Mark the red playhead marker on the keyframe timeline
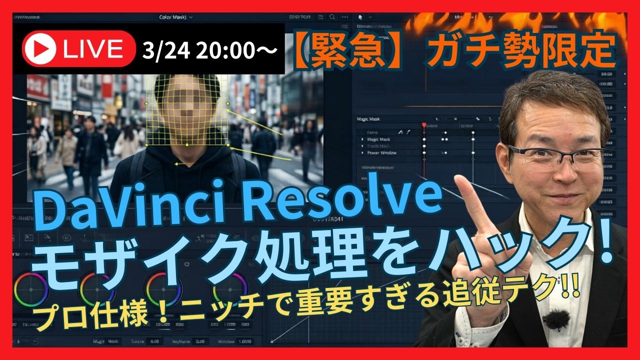[424, 125]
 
